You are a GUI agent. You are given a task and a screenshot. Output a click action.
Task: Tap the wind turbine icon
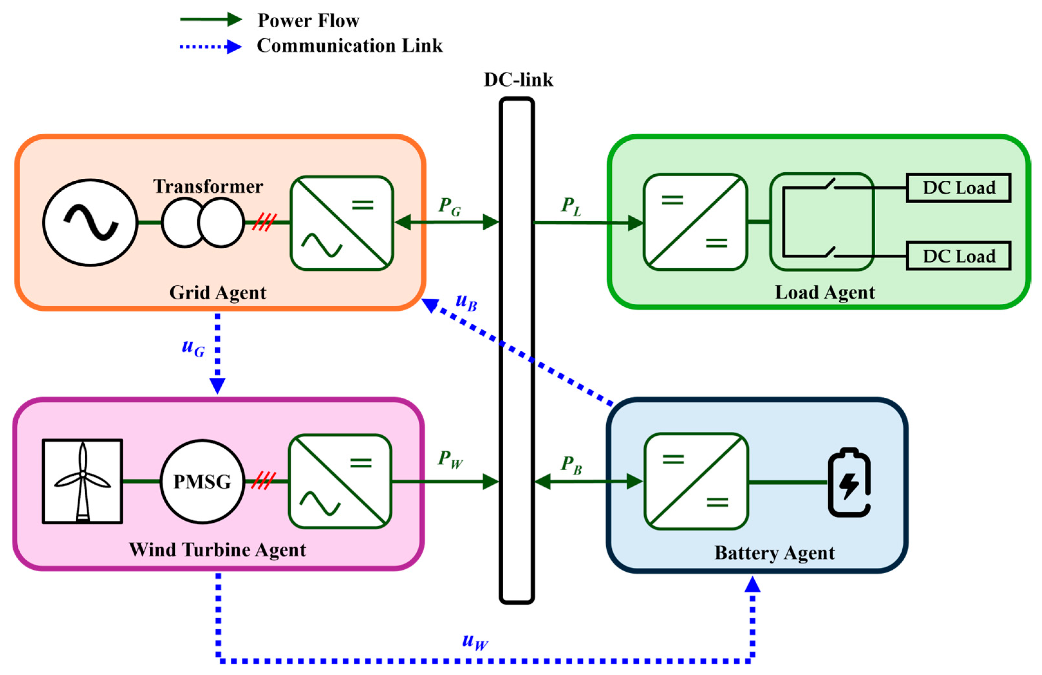click(82, 481)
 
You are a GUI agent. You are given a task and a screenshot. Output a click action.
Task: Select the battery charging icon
click(849, 482)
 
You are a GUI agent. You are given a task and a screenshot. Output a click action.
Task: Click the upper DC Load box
click(958, 188)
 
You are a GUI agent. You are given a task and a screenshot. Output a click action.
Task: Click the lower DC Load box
click(958, 256)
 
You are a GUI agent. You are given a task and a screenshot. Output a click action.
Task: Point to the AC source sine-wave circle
click(90, 223)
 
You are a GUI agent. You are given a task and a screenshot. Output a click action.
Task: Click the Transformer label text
click(208, 186)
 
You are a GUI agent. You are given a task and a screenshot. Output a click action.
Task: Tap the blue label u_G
click(193, 347)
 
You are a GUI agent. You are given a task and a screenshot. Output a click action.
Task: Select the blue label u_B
click(466, 302)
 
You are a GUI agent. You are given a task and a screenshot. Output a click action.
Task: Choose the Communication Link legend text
click(349, 45)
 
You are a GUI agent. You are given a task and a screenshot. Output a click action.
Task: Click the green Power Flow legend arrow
click(210, 19)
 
